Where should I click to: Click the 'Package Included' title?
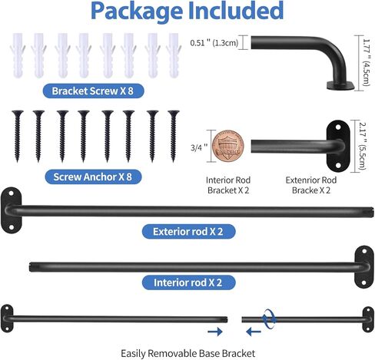tap(187, 11)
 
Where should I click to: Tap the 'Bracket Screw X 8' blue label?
tap(93, 91)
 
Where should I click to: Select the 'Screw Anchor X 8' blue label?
tap(93, 177)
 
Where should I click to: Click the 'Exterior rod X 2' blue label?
tap(188, 232)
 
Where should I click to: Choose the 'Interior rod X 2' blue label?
tap(188, 282)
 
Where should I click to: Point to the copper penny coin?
tap(227, 147)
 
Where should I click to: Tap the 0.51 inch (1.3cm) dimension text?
tap(214, 43)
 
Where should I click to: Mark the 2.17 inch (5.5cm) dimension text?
tap(363, 146)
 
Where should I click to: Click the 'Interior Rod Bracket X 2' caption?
tap(228, 185)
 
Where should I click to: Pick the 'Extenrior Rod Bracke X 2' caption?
tap(311, 185)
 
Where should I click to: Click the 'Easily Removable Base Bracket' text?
tap(187, 354)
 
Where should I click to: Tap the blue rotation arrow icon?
tap(269, 319)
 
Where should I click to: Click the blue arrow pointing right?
tap(215, 332)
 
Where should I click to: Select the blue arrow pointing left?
tap(254, 332)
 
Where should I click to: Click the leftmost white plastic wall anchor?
tap(18, 55)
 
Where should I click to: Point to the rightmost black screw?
tap(174, 136)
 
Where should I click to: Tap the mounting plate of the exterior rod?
tap(11, 210)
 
